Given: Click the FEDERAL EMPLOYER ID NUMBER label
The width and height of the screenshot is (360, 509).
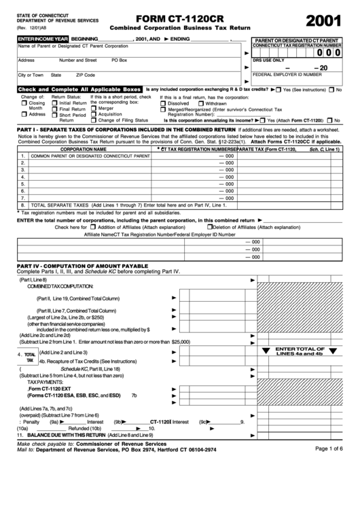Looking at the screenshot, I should [295, 74].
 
